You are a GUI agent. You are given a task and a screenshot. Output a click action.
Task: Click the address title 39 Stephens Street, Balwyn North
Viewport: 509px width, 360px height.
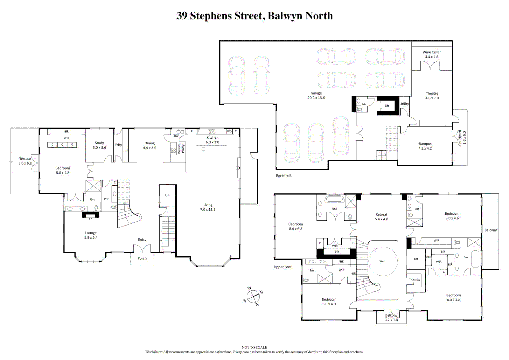tap(254, 16)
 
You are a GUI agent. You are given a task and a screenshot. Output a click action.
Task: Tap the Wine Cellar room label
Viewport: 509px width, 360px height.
tap(431, 54)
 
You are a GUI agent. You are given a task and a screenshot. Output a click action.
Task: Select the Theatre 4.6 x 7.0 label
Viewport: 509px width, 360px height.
tap(432, 96)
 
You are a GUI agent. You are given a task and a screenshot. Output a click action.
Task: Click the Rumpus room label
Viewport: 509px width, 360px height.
tap(425, 146)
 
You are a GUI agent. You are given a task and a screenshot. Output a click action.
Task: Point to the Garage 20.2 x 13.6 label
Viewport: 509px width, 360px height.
tap(316, 96)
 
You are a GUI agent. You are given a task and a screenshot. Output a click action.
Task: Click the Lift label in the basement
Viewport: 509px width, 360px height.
tap(387, 106)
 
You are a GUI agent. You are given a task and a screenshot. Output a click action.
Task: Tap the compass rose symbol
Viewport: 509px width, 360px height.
tap(253, 296)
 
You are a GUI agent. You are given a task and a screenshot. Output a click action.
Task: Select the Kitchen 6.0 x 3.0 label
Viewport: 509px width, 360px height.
tap(212, 140)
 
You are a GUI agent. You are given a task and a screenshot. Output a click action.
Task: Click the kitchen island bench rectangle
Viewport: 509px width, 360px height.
tap(211, 152)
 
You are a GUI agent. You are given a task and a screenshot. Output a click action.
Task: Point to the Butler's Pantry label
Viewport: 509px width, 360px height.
tap(181, 149)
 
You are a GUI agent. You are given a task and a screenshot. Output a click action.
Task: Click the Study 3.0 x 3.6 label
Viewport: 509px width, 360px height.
tap(99, 145)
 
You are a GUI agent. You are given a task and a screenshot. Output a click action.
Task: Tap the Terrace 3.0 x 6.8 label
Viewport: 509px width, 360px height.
tap(25, 161)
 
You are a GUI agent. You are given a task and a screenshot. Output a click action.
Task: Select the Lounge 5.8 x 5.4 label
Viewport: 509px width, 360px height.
tap(91, 235)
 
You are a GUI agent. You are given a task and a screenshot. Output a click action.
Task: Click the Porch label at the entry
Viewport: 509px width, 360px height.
tap(142, 258)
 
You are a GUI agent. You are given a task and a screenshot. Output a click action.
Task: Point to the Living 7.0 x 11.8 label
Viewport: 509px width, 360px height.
tap(208, 207)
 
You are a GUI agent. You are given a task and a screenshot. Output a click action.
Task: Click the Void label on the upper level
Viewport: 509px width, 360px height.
tap(382, 261)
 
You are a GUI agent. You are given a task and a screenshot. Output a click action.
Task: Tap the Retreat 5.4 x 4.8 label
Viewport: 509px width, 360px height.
tap(381, 217)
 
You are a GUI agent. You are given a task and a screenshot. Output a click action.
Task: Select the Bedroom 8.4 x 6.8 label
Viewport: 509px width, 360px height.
tap(295, 226)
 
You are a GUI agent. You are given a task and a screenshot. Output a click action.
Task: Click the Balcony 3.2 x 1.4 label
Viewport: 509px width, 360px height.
tap(391, 317)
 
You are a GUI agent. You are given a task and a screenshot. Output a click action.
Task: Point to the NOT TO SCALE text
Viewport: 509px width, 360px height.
tap(254, 347)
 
